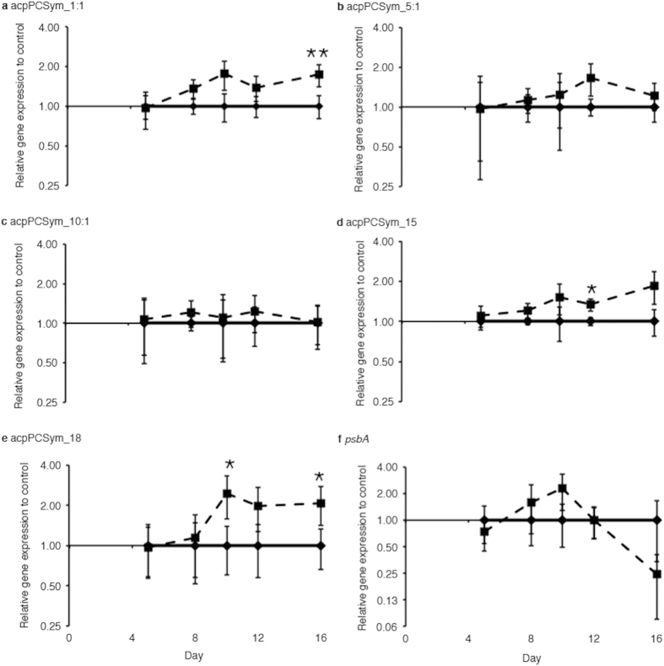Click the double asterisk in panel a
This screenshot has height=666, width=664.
[316, 56]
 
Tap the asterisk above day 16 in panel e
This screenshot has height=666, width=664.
[319, 478]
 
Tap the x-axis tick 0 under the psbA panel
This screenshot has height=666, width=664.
[407, 638]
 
